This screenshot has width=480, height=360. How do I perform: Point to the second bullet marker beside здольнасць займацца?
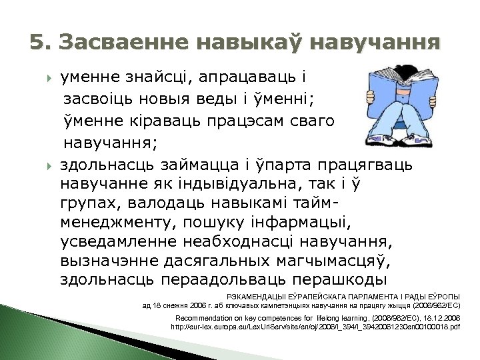tap(49, 164)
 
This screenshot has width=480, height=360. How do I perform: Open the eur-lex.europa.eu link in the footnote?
tap(315, 327)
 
